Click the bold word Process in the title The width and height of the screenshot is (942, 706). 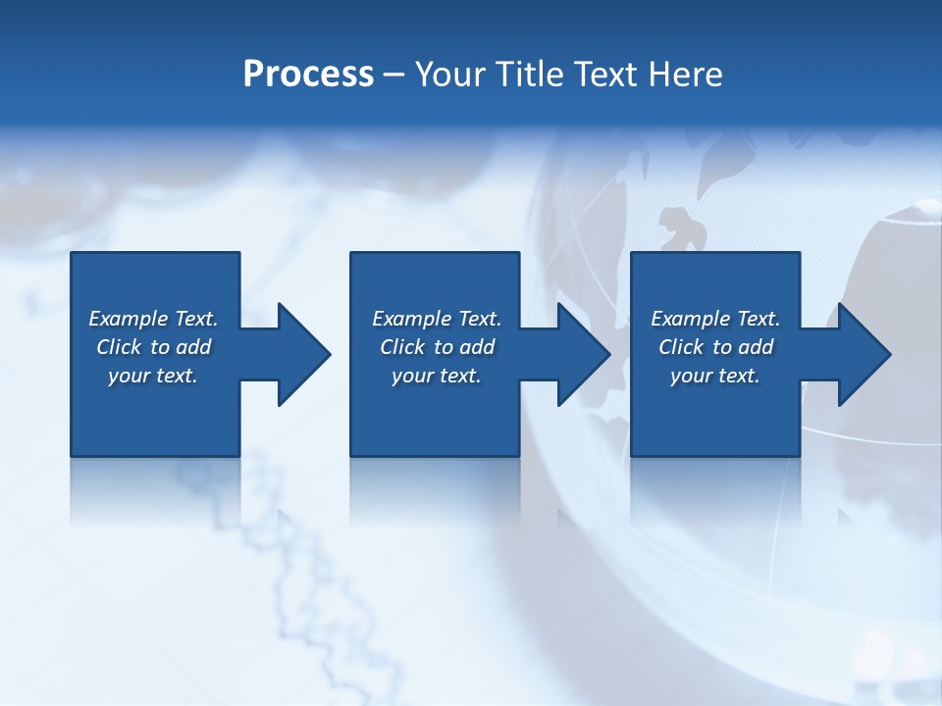click(x=308, y=75)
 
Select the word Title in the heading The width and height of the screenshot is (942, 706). click(x=530, y=75)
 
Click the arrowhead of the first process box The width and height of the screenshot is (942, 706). click(x=305, y=354)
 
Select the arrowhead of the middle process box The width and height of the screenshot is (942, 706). click(x=585, y=354)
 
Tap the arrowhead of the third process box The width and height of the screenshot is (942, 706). click(x=864, y=354)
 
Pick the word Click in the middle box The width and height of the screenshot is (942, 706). click(x=403, y=347)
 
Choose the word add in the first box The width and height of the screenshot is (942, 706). click(x=194, y=347)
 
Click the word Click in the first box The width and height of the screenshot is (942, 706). click(x=120, y=347)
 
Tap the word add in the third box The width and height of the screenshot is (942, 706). click(x=757, y=347)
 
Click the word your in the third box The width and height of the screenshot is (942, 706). click(x=691, y=376)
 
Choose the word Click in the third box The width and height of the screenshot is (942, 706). click(x=682, y=347)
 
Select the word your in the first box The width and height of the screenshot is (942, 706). click(x=129, y=376)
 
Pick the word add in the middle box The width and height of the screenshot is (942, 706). click(x=478, y=347)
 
